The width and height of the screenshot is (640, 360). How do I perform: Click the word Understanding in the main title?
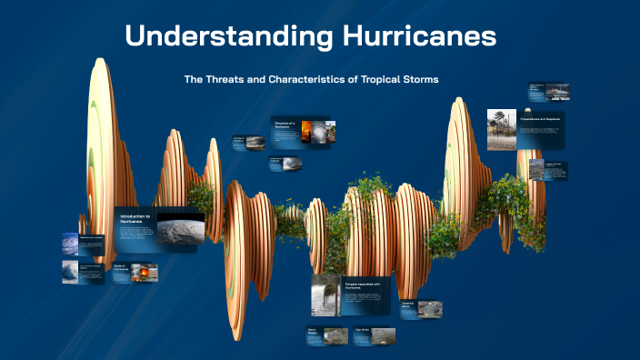pos(224,36)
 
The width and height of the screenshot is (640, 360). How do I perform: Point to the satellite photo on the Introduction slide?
pos(180,228)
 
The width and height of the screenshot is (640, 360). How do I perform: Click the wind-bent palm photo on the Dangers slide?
pos(325,294)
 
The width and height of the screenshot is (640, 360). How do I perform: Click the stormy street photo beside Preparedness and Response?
pos(501,128)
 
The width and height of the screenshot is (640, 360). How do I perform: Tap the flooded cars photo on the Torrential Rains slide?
pos(430,309)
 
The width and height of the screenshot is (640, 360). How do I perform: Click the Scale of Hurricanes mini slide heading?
pos(120,267)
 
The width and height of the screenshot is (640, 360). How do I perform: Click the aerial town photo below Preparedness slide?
pos(536,170)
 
